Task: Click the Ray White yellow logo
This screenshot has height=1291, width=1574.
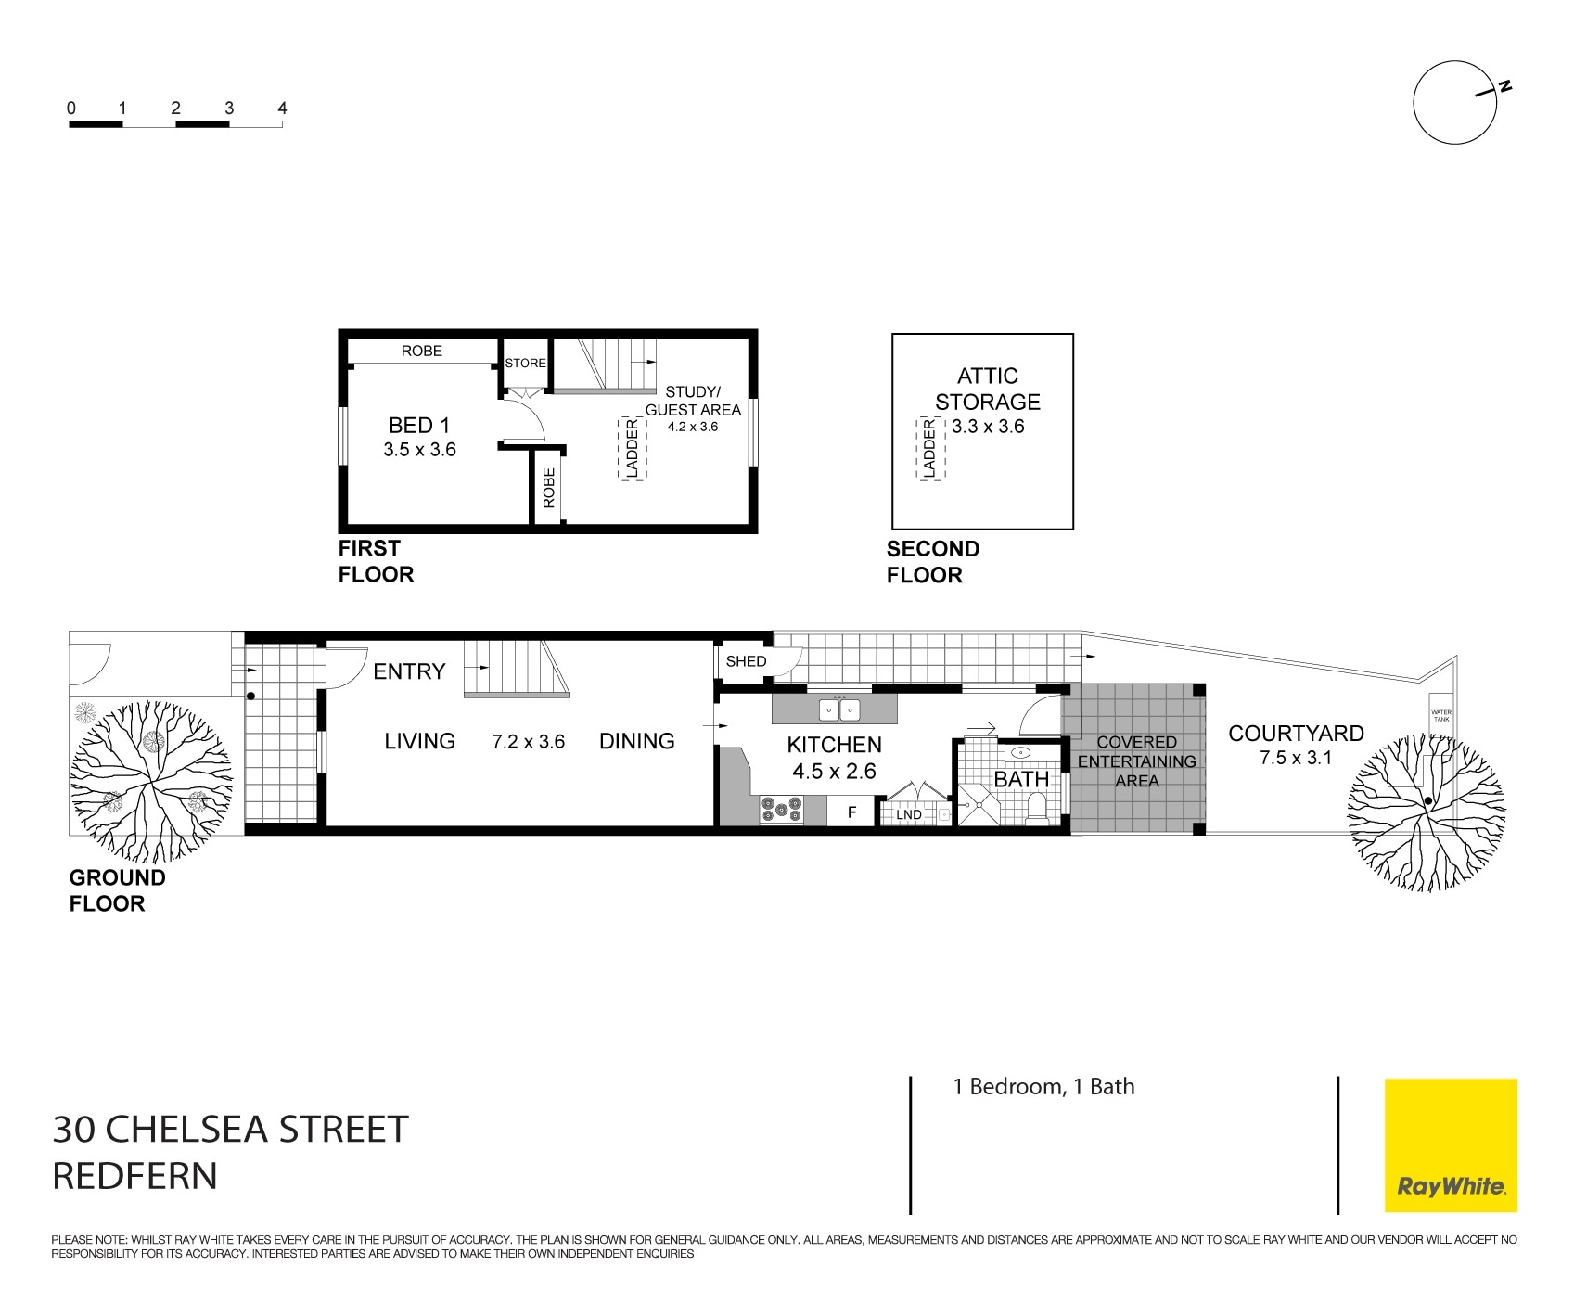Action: pyautogui.click(x=1451, y=1144)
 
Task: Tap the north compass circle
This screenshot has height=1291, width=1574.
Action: pyautogui.click(x=1454, y=103)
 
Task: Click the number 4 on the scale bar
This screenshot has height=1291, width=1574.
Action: pyautogui.click(x=282, y=109)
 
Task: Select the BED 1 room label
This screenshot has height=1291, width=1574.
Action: pyautogui.click(x=419, y=426)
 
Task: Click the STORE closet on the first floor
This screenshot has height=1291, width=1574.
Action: pyautogui.click(x=525, y=363)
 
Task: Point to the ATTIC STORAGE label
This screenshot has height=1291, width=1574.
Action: pyautogui.click(x=987, y=389)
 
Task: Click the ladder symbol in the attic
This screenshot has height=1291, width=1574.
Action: pyautogui.click(x=929, y=449)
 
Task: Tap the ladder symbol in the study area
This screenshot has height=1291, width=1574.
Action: pyautogui.click(x=632, y=449)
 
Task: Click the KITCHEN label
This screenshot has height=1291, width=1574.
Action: pyautogui.click(x=834, y=745)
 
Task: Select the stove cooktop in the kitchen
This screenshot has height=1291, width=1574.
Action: pyautogui.click(x=781, y=811)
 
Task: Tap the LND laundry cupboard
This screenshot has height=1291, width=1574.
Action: pyautogui.click(x=909, y=814)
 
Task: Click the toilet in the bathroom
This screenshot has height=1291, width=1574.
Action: pyautogui.click(x=1037, y=806)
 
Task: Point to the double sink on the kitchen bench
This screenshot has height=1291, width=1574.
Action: pyautogui.click(x=840, y=709)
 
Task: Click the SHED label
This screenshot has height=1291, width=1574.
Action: pyautogui.click(x=746, y=661)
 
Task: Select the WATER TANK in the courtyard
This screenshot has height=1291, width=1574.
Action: pyautogui.click(x=1440, y=715)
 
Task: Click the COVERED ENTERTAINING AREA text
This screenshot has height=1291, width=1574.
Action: pyautogui.click(x=1136, y=761)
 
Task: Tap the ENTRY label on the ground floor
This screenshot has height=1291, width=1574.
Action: pyautogui.click(x=409, y=671)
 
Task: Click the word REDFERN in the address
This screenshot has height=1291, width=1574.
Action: pyautogui.click(x=135, y=1175)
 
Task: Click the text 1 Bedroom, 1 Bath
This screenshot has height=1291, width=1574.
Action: pyautogui.click(x=1043, y=1086)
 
